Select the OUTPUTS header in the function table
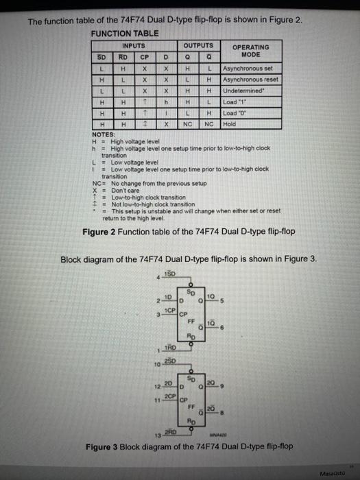(197, 46)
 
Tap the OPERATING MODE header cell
(251, 51)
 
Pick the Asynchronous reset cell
(251, 80)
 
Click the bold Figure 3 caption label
(105, 446)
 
